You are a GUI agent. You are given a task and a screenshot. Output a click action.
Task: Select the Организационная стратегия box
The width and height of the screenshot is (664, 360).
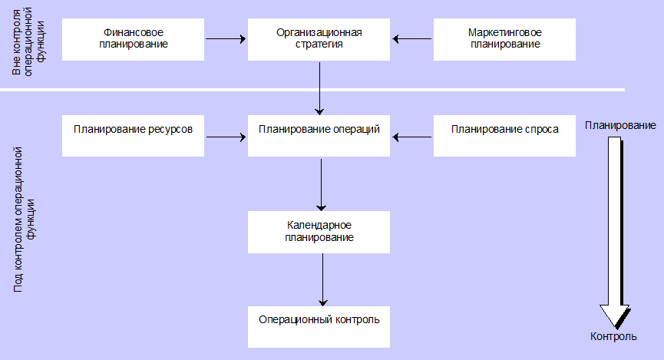point(319,39)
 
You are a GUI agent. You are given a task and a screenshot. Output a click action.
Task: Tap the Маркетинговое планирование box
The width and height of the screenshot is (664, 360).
point(504,39)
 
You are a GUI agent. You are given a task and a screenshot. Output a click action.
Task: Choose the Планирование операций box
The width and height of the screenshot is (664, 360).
point(319,136)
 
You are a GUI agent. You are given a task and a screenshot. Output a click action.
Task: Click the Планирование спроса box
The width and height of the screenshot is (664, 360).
point(504,136)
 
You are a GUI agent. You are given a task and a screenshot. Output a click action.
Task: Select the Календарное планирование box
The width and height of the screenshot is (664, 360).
point(319,231)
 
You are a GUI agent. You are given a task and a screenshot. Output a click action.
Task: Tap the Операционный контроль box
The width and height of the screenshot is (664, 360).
point(319,326)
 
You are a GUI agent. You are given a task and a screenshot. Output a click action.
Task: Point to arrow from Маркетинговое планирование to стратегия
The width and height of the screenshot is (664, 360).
point(412,37)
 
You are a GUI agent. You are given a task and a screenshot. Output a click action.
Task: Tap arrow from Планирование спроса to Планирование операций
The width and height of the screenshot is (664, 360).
point(412,138)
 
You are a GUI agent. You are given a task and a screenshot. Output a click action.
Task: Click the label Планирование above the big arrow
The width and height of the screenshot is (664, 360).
point(620,126)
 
